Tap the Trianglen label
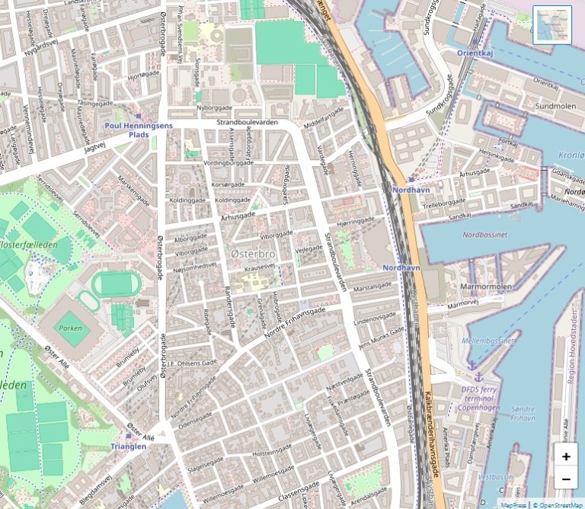pyautogui.click(x=128, y=447)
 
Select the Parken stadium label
pyautogui.click(x=70, y=328)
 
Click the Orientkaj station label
pyautogui.click(x=476, y=53)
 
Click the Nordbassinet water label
pyautogui.click(x=484, y=235)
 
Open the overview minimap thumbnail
pyautogui.click(x=551, y=25)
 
